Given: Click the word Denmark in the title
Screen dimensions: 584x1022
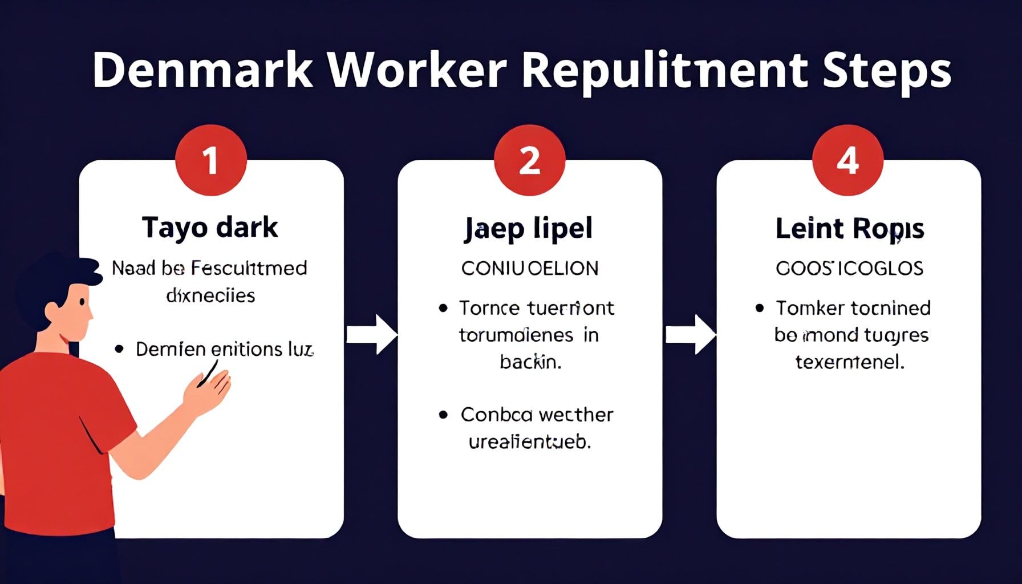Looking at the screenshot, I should pyautogui.click(x=202, y=70).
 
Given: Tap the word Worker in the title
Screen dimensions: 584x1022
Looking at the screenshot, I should pyautogui.click(x=418, y=70).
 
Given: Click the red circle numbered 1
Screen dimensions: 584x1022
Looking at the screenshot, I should pyautogui.click(x=211, y=160).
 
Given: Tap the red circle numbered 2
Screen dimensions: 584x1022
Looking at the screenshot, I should pyautogui.click(x=529, y=160).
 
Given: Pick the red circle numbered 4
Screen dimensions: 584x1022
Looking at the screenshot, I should pyautogui.click(x=847, y=160).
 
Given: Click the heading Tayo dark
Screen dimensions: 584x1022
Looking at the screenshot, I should pyautogui.click(x=210, y=227).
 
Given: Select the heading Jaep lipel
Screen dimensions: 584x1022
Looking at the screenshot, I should pyautogui.click(x=529, y=229).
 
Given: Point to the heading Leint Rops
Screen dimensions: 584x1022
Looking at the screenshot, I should pyautogui.click(x=849, y=229).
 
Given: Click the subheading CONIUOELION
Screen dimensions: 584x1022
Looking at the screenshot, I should pyautogui.click(x=530, y=268).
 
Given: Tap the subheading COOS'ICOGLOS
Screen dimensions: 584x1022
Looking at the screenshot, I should pyautogui.click(x=849, y=268).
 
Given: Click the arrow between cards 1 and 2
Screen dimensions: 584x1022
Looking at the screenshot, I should pyautogui.click(x=371, y=334).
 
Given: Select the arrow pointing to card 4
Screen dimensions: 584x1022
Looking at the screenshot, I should pyautogui.click(x=690, y=334).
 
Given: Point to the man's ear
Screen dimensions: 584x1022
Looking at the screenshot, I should pyautogui.click(x=53, y=311).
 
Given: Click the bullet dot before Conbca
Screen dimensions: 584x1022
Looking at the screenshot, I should pyautogui.click(x=443, y=415).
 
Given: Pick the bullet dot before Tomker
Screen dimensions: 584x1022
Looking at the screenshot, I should pyautogui.click(x=759, y=308).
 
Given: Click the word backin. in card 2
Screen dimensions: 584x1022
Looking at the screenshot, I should pyautogui.click(x=530, y=362).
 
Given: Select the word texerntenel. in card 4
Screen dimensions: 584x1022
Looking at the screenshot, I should pyautogui.click(x=850, y=362).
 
